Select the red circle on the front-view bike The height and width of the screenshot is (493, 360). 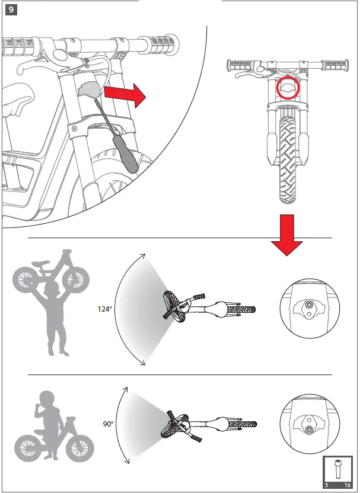(x=288, y=88)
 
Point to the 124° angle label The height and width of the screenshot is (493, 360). (x=105, y=309)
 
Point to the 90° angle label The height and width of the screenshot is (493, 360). (x=108, y=424)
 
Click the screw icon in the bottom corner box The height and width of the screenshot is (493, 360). (x=338, y=469)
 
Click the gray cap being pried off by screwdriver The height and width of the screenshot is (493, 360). (x=88, y=89)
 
